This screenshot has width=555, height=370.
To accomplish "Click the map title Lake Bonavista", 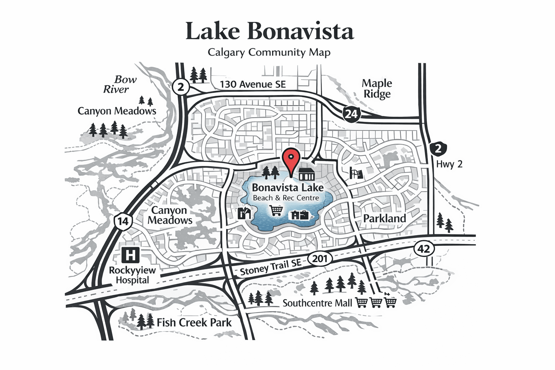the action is pyautogui.click(x=270, y=31).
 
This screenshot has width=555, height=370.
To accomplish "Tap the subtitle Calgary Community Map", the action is pyautogui.click(x=269, y=52).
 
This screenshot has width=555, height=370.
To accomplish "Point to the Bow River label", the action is pyautogui.click(x=120, y=84).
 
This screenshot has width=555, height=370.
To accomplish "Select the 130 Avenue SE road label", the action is pyautogui.click(x=253, y=85).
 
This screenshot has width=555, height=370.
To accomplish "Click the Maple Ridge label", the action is pyautogui.click(x=377, y=89).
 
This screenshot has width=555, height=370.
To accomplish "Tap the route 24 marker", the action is pyautogui.click(x=351, y=114).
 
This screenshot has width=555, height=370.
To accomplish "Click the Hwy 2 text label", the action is pyautogui.click(x=449, y=164).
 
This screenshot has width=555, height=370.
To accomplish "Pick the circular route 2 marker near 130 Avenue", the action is pyautogui.click(x=181, y=87).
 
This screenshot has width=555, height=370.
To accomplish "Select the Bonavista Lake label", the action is pyautogui.click(x=288, y=188).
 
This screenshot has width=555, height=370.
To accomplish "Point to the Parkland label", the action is pyautogui.click(x=384, y=219).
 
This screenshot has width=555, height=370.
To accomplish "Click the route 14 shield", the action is pyautogui.click(x=123, y=221).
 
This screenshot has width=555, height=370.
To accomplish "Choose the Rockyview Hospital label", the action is pyautogui.click(x=132, y=275).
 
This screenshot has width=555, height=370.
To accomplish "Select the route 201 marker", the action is pyautogui.click(x=320, y=259).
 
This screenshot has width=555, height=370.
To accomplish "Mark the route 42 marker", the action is pyautogui.click(x=423, y=249).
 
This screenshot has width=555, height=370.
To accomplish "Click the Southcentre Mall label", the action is pyautogui.click(x=317, y=303).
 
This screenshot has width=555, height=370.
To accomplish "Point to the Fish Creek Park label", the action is pyautogui.click(x=194, y=322).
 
